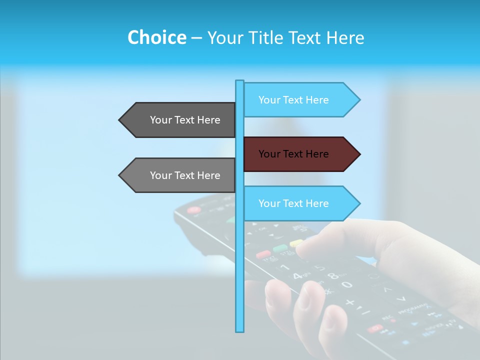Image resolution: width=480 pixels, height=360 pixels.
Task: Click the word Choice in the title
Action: pos(156,37)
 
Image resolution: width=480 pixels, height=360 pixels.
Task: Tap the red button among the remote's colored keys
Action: pos(263,254)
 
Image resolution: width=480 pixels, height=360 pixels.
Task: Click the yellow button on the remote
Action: pos(296,243)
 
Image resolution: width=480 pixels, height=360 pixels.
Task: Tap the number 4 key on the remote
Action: pos(297,275)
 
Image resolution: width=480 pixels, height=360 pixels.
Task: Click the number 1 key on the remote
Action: pos(285,267)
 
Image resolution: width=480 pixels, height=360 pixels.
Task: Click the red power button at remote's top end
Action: pos(193,210)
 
